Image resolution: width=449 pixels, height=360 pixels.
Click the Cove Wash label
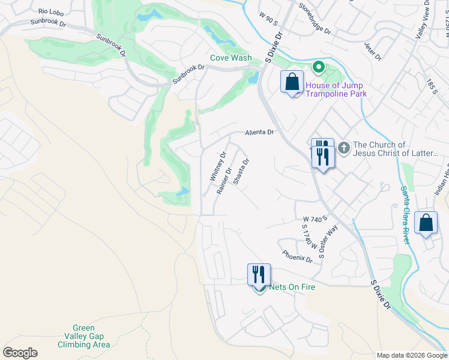point(231,58)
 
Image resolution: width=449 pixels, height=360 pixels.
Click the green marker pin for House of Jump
point(319,68)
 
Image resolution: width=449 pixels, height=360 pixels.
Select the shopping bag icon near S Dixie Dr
point(292,82)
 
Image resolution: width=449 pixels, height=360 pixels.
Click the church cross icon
point(344,148)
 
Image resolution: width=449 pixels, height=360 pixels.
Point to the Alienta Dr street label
point(259,133)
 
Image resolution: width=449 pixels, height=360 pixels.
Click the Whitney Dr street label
point(217,166)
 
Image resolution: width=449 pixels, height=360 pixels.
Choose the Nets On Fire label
point(292,287)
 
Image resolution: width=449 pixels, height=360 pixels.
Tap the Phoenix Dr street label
point(297,257)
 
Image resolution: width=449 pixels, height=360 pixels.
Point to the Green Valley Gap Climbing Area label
point(83,337)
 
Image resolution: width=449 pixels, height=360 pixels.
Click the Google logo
point(20,353)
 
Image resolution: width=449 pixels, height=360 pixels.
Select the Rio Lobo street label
point(50,11)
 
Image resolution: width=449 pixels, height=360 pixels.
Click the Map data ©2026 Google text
point(411,355)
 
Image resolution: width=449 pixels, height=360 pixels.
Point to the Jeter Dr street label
point(372,52)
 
